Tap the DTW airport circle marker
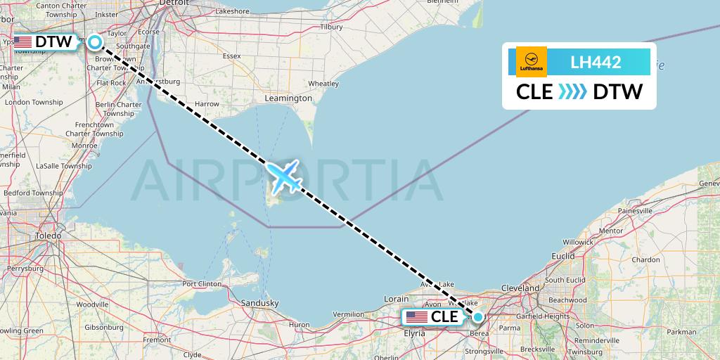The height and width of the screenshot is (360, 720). tap(94, 42)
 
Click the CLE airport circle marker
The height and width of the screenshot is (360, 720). tap(478, 316)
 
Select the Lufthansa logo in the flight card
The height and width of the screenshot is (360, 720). tap(532, 62)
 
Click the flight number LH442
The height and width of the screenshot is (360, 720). tap(596, 62)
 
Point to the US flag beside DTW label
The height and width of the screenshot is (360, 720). tap(23, 42)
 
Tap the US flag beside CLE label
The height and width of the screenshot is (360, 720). tap(417, 317)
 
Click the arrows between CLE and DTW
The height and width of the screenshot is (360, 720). tap(573, 91)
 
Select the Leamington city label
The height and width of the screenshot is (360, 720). tap(288, 98)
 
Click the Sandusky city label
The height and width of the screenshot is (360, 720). tap(260, 303)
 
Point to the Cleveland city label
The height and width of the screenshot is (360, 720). tap(520, 288)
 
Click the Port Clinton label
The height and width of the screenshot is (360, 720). tap(202, 284)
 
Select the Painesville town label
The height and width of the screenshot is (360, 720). tap(636, 211)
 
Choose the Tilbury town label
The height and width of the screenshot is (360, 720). tap(331, 27)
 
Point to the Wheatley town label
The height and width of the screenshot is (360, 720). tap(323, 83)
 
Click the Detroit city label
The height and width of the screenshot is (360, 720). tap(174, 3)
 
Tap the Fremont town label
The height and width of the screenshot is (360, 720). tap(157, 340)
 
